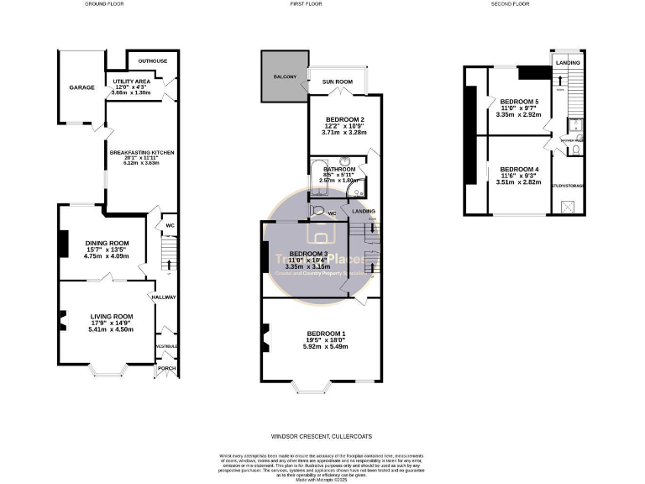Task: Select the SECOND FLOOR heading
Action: [x=510, y=4]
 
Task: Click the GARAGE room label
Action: [x=81, y=87]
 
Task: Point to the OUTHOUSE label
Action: [x=152, y=60]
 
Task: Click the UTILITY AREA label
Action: [x=129, y=80]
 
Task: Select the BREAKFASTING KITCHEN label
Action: [x=141, y=152]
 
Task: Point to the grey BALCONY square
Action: [x=284, y=77]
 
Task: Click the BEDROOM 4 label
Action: [x=517, y=170]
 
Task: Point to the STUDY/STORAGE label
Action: [x=569, y=185]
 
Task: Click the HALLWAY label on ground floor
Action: [x=163, y=297]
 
